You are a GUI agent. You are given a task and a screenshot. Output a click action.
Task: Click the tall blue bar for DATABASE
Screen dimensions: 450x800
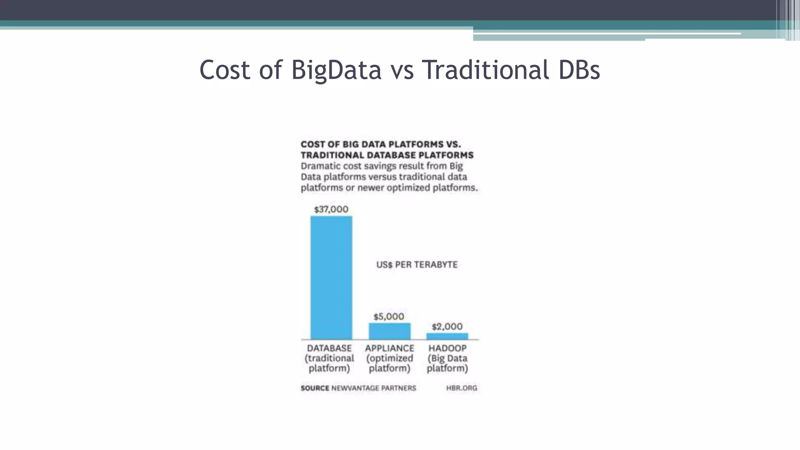331,277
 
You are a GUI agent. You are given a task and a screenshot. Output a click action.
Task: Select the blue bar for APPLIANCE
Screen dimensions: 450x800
389,331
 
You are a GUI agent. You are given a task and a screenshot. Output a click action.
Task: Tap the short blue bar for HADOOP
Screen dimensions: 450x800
447,336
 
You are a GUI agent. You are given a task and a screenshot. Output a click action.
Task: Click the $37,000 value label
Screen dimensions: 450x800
331,209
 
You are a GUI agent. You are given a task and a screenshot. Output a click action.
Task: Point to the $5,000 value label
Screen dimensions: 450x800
389,316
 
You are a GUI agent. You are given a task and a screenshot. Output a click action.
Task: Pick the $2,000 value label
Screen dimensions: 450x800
447,327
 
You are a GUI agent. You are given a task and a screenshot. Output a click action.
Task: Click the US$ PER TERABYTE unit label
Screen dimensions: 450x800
417,265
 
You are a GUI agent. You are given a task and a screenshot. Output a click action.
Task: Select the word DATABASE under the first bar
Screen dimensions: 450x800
329,348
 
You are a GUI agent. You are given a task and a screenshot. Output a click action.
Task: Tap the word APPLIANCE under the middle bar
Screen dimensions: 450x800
389,348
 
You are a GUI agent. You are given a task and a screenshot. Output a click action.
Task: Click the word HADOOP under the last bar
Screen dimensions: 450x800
447,348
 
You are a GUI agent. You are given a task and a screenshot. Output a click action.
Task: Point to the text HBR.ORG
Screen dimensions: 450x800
461,388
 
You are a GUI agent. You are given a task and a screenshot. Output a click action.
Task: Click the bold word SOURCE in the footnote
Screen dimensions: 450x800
315,388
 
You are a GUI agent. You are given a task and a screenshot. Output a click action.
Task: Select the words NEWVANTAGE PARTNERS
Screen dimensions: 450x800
373,388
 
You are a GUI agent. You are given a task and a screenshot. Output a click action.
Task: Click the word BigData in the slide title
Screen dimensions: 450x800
336,70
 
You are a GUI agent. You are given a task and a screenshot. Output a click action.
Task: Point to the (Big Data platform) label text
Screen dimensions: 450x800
447,363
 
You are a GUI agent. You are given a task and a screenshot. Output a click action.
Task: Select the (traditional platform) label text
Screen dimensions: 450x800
329,363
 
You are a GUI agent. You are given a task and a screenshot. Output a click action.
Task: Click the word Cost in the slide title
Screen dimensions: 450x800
225,70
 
